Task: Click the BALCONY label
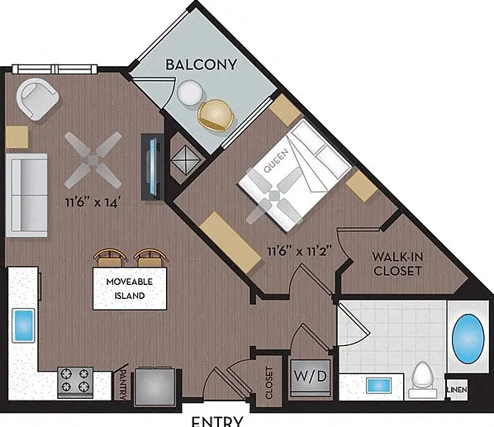click(x=201, y=64)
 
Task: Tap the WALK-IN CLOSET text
click(x=397, y=264)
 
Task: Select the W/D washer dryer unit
click(x=311, y=378)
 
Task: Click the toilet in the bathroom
click(x=422, y=380)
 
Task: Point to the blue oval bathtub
click(x=468, y=339)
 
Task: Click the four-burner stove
click(x=75, y=382)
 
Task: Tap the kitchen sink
click(x=22, y=325)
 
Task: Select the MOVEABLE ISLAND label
click(x=130, y=288)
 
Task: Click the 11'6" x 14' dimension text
click(x=93, y=202)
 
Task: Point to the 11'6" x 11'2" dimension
click(x=300, y=251)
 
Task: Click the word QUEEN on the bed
click(x=276, y=160)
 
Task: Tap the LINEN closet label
click(x=457, y=390)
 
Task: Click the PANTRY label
click(x=124, y=385)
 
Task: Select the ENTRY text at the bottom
click(x=217, y=422)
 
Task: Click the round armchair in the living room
click(x=37, y=99)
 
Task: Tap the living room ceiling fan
click(x=93, y=160)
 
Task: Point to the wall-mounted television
click(x=153, y=167)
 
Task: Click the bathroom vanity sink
click(x=378, y=386)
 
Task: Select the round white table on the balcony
click(x=190, y=93)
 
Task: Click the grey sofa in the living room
click(x=26, y=195)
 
